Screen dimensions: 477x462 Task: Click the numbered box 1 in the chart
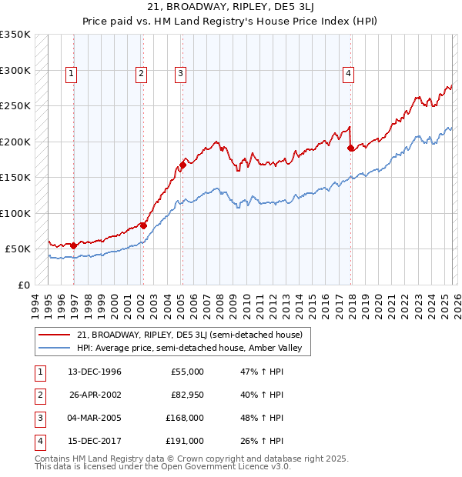coord(71,74)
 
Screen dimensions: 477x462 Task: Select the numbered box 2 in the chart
coord(142,74)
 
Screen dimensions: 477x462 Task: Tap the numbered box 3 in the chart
coord(180,74)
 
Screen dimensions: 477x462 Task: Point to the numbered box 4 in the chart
coord(348,74)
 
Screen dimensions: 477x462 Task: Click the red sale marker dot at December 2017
coord(350,148)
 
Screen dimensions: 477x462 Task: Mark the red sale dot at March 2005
coord(182,164)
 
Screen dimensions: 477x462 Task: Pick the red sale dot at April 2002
coord(143,225)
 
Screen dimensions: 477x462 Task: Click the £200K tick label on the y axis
coord(15,142)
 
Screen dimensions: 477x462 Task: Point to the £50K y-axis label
coord(18,249)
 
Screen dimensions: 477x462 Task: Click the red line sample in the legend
coord(53,335)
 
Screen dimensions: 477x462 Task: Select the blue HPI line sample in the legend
coord(53,349)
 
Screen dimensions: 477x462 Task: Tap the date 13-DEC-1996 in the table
coord(95,372)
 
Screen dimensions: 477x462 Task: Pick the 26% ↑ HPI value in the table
coord(262,441)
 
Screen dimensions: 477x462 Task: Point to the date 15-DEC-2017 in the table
coord(95,441)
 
